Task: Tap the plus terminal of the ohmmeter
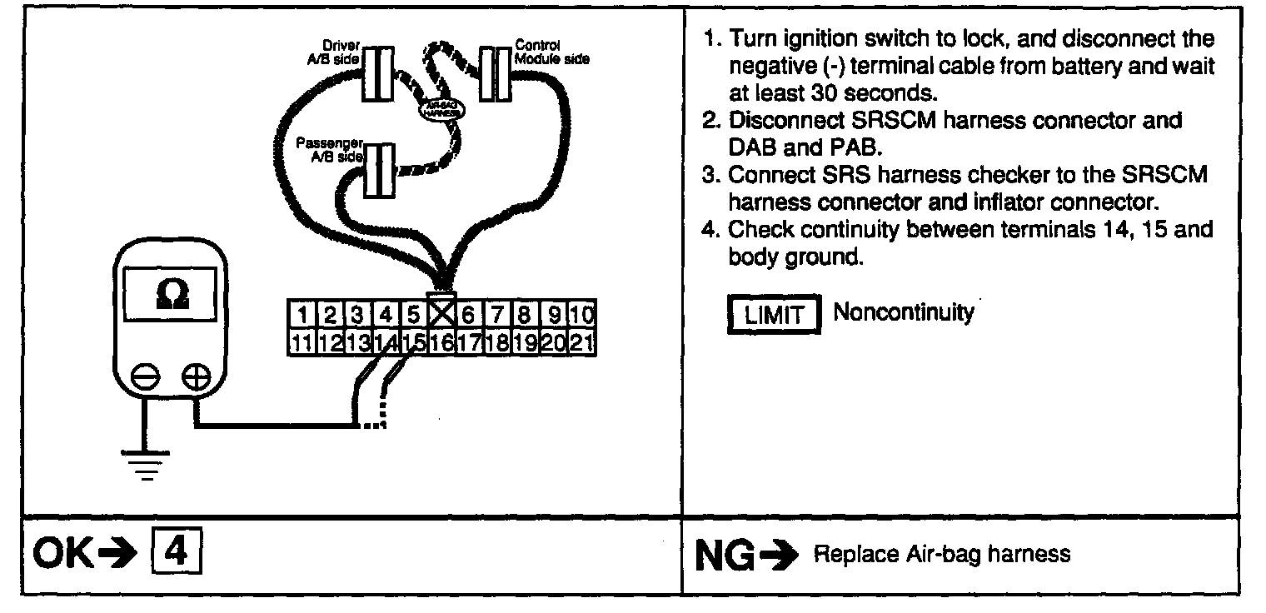coord(196,377)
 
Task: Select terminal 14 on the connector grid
coord(385,341)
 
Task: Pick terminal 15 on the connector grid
coord(413,341)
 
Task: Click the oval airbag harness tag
coord(439,108)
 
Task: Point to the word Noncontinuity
coord(903,313)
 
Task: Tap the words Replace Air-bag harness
coord(941,555)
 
